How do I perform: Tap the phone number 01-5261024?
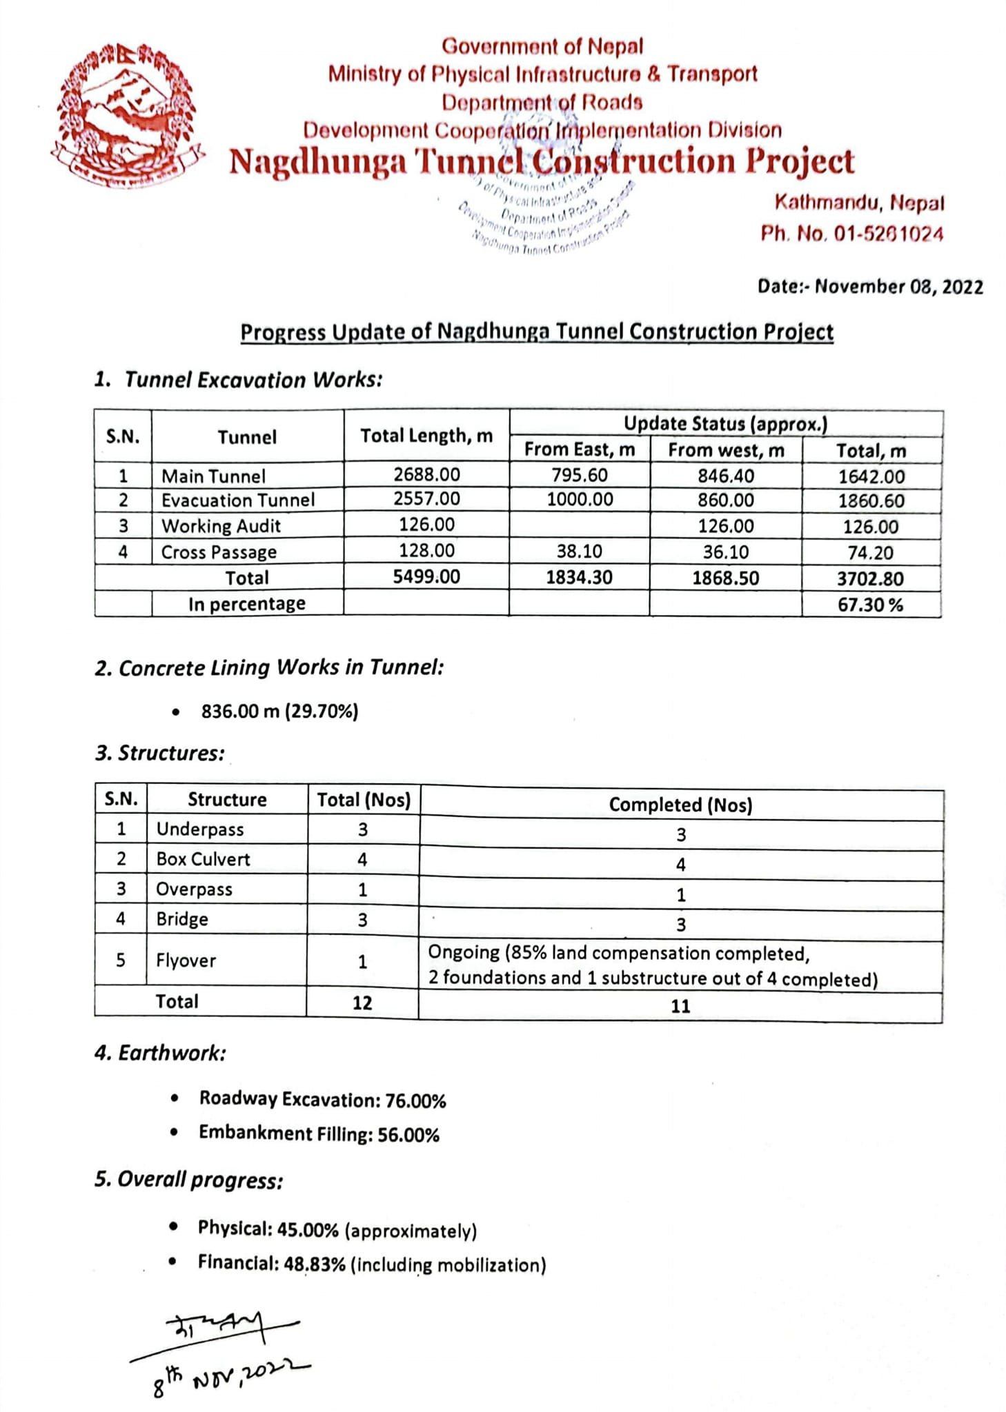pyautogui.click(x=888, y=234)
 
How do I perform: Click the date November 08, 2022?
pyautogui.click(x=898, y=287)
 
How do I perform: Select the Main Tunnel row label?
pyautogui.click(x=213, y=476)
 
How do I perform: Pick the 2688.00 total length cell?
pyautogui.click(x=426, y=475)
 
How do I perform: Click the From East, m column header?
pyautogui.click(x=580, y=450)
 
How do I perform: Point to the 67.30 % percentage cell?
pyautogui.click(x=870, y=605)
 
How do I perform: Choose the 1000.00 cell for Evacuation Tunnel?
pyautogui.click(x=580, y=500)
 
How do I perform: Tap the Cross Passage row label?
pyautogui.click(x=219, y=552)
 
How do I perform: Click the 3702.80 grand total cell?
pyautogui.click(x=870, y=579)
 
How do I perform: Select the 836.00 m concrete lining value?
pyautogui.click(x=239, y=712)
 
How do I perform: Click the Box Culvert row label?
pyautogui.click(x=203, y=859)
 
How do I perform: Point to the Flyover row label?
pyautogui.click(x=186, y=960)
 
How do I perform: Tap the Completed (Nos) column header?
pyautogui.click(x=680, y=805)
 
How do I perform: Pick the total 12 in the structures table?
pyautogui.click(x=362, y=1002)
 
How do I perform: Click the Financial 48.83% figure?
pyautogui.click(x=314, y=1264)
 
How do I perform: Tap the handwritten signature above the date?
pyautogui.click(x=228, y=1327)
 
